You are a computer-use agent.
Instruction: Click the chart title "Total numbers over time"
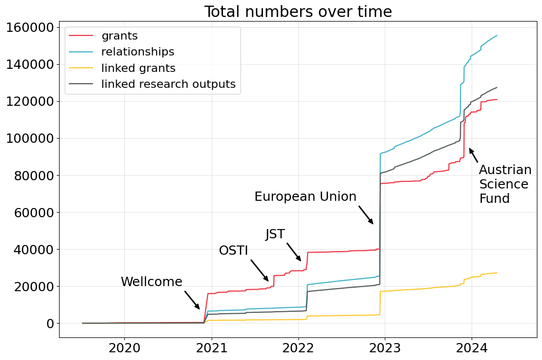click(298, 11)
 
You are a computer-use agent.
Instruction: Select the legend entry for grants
click(119, 36)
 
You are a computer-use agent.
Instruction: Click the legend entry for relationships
click(137, 52)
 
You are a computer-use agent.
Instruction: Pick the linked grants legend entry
click(138, 68)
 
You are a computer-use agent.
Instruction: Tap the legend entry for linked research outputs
click(168, 84)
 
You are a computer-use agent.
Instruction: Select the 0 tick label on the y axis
click(50, 324)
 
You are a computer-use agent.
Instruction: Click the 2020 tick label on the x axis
click(124, 348)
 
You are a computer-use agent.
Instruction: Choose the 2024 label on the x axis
click(471, 348)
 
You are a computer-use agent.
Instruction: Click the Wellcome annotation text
click(151, 282)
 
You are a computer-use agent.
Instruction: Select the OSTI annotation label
click(233, 251)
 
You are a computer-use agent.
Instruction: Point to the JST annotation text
click(275, 234)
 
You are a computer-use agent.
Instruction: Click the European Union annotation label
click(305, 197)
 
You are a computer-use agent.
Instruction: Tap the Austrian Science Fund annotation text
click(504, 184)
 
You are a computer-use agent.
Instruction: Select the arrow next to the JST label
click(294, 252)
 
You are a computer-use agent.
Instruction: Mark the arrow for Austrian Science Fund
click(474, 156)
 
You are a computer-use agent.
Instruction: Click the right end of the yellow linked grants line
click(496, 273)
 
